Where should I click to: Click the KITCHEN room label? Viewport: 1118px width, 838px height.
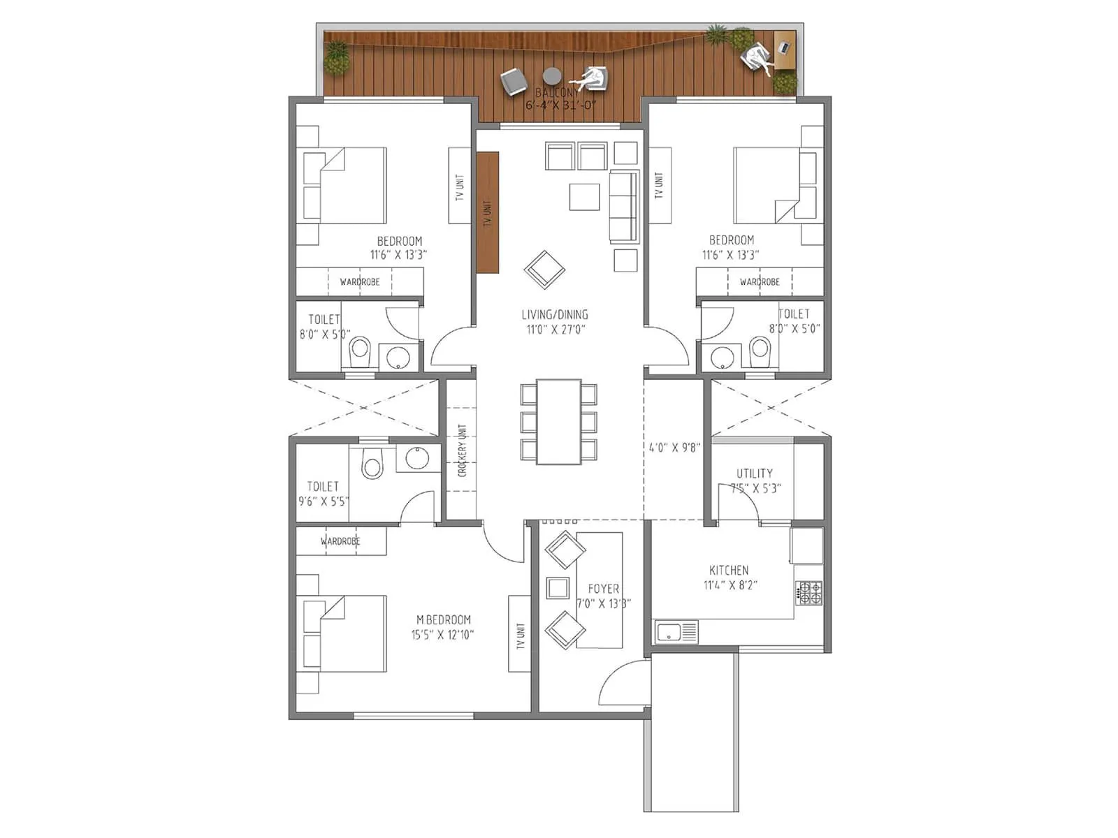pos(729,570)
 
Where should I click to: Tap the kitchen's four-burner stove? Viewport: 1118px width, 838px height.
pos(810,592)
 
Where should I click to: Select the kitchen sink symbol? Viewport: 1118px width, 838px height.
pos(676,633)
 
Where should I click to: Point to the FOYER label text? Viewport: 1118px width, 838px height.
pos(603,589)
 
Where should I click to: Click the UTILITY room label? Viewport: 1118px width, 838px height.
pos(754,473)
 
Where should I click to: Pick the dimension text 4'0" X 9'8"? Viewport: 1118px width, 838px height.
pos(674,448)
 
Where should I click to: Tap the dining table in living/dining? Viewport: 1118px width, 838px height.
pos(558,421)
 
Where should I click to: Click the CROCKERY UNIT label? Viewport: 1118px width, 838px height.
pos(462,450)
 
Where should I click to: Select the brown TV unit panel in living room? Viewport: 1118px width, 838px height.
pos(488,212)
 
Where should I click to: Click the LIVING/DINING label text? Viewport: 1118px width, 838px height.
pos(555,314)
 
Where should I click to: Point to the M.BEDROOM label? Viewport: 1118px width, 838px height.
pos(443,619)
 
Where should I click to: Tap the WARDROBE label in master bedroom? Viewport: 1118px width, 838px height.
pos(340,541)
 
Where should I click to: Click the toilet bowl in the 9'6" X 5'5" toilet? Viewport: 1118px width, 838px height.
pos(372,464)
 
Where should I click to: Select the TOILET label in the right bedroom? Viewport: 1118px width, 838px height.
pos(794,314)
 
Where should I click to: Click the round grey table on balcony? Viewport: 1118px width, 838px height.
pos(552,75)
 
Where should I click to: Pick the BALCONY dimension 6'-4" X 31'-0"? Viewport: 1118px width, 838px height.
pos(560,105)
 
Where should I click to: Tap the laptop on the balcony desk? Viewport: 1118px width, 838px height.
pos(783,47)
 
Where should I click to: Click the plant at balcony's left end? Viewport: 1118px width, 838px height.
pos(336,57)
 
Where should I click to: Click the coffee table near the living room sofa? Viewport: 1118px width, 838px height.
pos(584,196)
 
